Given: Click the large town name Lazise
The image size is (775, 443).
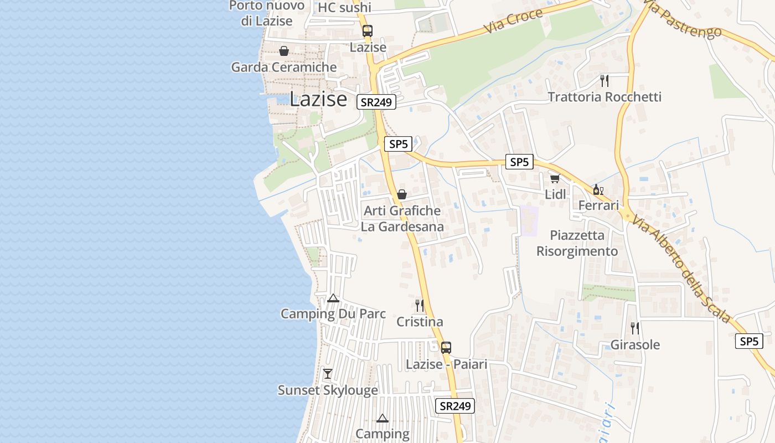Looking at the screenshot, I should click(x=318, y=99).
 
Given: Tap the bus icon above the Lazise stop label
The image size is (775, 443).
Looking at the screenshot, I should click(x=368, y=31).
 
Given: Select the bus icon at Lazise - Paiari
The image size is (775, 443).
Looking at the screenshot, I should click(x=446, y=348).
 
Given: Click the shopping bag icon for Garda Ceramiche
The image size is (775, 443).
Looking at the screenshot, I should click(x=284, y=51).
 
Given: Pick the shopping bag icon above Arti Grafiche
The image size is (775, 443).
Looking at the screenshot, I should click(x=402, y=194).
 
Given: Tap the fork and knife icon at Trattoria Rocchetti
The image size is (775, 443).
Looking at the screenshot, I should click(x=604, y=81).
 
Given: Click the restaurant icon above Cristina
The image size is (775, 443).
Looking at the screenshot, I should click(x=420, y=305).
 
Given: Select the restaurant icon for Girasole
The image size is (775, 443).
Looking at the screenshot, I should click(x=635, y=328).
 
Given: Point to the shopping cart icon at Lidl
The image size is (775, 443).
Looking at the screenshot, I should click(x=555, y=178).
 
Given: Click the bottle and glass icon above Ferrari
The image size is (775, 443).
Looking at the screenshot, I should click(x=598, y=189).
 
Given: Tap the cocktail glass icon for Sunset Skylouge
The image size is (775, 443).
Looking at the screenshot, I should click(x=328, y=374).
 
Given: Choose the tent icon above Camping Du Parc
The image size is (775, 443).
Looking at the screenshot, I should click(x=333, y=298).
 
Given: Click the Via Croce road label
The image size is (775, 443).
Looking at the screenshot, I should click(x=513, y=21).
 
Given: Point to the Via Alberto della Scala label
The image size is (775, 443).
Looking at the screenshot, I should click(x=683, y=265).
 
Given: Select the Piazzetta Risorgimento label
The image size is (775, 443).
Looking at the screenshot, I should click(x=577, y=243).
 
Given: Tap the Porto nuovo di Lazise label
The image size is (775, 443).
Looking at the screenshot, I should click(x=267, y=13).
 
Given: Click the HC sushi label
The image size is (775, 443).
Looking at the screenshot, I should click(x=344, y=7).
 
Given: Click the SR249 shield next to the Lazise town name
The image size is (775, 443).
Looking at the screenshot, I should click(x=376, y=102).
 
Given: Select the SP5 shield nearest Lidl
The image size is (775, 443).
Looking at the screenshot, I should click(x=519, y=162).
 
